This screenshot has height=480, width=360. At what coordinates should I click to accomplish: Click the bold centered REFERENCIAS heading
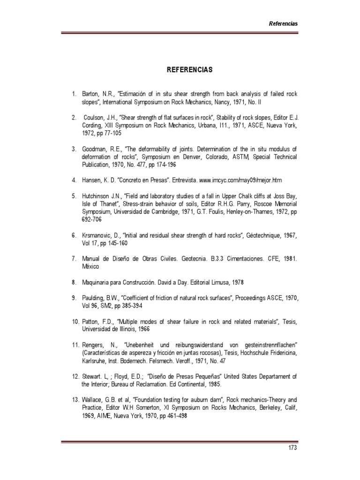[189, 70]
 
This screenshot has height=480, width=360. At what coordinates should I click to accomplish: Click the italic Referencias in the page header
[283, 23]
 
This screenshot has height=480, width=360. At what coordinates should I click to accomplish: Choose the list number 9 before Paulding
[74, 298]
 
